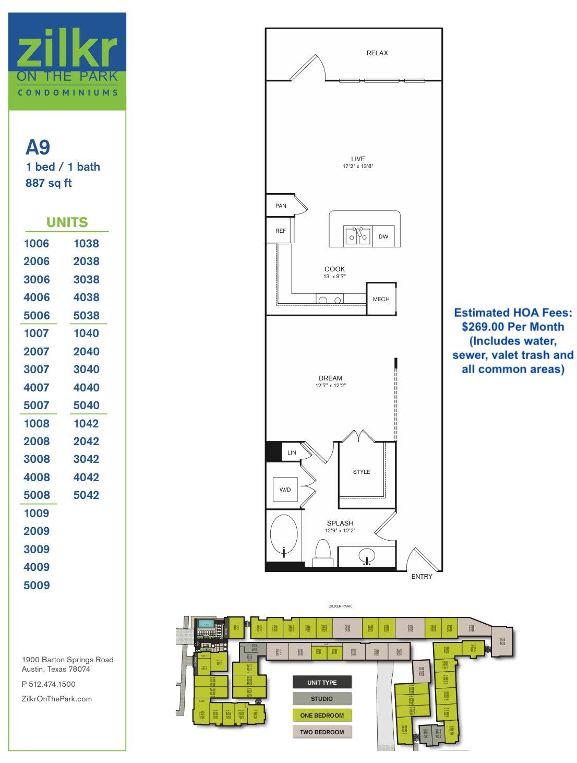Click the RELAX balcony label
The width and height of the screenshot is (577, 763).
(x=377, y=53)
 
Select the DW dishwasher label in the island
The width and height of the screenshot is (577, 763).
(x=383, y=236)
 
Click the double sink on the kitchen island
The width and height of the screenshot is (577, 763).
(x=357, y=236)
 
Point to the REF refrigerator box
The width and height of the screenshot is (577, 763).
(x=281, y=231)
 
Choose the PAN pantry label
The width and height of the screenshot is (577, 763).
(x=281, y=206)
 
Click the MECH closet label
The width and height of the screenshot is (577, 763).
(x=381, y=299)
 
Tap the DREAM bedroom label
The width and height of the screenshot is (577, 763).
(x=331, y=378)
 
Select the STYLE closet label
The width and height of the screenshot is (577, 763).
(x=361, y=472)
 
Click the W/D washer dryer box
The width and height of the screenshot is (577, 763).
(x=285, y=490)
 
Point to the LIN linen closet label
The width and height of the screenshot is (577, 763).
(x=292, y=452)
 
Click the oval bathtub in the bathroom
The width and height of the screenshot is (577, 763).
(x=284, y=538)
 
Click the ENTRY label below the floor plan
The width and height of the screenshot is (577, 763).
(x=422, y=577)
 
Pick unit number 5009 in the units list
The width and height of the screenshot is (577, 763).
(x=37, y=585)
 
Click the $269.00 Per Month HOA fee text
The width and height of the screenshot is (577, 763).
(x=513, y=327)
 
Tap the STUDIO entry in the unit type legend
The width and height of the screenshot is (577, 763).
(x=322, y=699)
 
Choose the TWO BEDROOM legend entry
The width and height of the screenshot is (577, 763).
(x=322, y=732)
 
